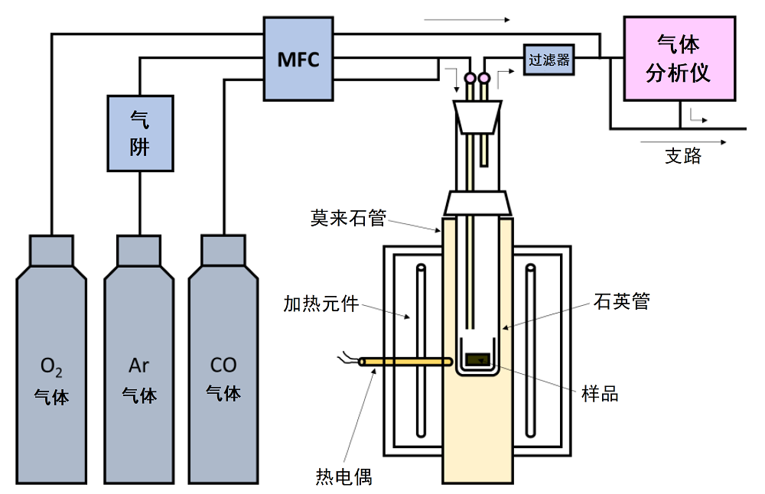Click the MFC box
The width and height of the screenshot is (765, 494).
298,59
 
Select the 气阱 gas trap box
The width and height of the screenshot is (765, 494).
140,133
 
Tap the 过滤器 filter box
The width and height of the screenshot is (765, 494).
549,60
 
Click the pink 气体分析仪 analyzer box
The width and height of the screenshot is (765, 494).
679,59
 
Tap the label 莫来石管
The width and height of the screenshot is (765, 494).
348,217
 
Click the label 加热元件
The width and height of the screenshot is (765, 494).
321,304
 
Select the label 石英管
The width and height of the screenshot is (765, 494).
621,301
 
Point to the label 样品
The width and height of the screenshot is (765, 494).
600,394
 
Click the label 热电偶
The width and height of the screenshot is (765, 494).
343,476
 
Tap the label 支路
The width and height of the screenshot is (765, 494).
683,155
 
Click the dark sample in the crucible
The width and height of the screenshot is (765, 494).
477,360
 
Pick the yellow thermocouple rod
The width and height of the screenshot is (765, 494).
405,362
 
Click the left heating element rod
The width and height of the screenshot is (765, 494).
421,350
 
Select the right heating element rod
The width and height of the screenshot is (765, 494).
530,350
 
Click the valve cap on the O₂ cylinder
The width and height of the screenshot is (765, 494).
51,251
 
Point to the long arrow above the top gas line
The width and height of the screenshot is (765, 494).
467,20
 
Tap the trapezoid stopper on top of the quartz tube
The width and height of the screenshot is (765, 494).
477,117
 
